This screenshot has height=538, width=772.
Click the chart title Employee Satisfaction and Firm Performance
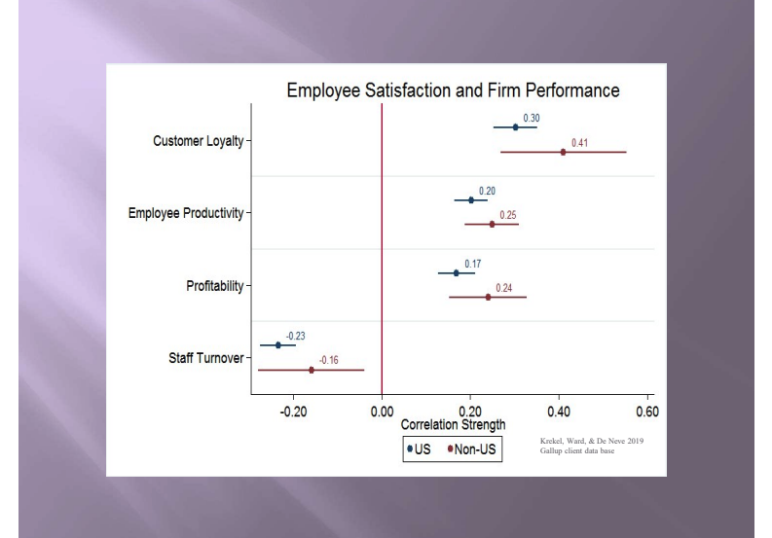click(x=453, y=90)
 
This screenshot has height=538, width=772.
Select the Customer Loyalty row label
click(x=199, y=141)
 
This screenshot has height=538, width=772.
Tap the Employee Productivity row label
click(x=186, y=213)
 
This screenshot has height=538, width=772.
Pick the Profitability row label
click(x=215, y=286)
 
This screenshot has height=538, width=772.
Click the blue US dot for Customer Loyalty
click(x=515, y=127)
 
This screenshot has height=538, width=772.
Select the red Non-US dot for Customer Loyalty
click(x=563, y=152)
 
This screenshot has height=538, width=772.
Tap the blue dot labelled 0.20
click(x=471, y=200)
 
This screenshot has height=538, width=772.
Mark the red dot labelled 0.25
click(x=492, y=225)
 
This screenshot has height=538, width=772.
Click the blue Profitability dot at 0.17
click(x=456, y=272)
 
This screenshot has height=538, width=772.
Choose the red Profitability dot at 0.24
click(x=488, y=297)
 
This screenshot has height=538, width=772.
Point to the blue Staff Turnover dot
click(x=278, y=345)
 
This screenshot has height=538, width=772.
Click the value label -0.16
click(x=329, y=360)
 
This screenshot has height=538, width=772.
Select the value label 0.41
click(x=579, y=142)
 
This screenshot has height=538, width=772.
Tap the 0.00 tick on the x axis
click(x=382, y=412)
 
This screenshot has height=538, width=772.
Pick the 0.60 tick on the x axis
click(x=646, y=412)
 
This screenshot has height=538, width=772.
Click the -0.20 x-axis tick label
click(x=294, y=412)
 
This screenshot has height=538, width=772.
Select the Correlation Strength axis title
click(x=453, y=425)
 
